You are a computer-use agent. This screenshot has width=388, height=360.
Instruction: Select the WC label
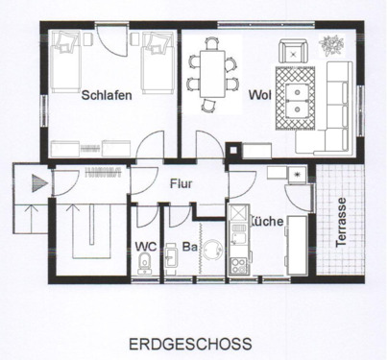147,246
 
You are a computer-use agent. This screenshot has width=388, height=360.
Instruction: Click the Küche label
266,221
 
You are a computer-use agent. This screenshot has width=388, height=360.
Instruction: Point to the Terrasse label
342,223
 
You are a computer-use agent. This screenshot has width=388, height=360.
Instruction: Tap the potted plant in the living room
333,45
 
